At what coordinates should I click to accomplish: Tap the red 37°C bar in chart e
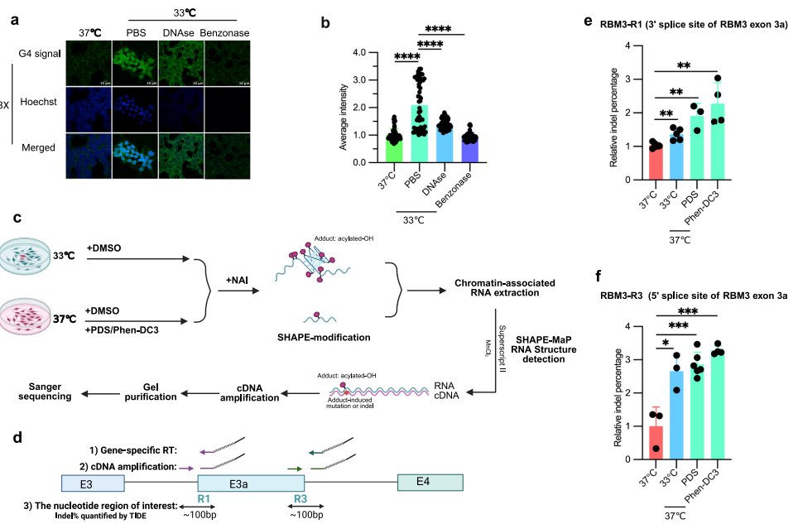pyautogui.click(x=655, y=162)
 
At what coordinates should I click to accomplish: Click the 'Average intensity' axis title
pyautogui.click(x=343, y=108)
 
